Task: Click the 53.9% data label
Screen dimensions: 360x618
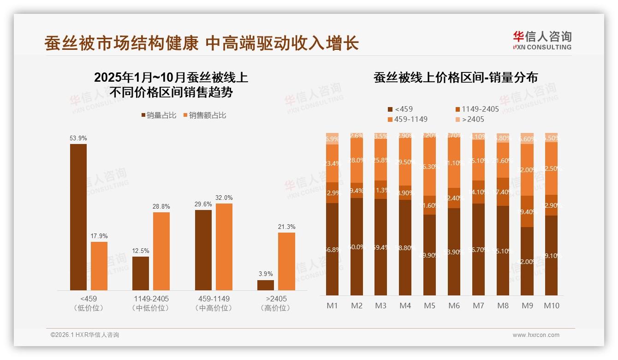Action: coord(78,138)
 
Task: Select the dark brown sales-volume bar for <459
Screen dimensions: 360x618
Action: coord(78,217)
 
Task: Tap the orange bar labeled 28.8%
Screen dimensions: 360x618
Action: coord(161,251)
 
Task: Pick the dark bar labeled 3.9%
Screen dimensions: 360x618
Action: coord(266,285)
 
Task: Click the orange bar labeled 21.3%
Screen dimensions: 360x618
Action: coord(286,261)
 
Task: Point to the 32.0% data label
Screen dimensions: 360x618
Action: coord(224,198)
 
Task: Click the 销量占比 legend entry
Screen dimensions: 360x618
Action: coord(158,115)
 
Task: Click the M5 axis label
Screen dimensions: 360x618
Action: coord(429,306)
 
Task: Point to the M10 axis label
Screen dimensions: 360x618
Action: coord(551,306)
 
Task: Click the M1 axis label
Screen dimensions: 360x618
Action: coord(332,306)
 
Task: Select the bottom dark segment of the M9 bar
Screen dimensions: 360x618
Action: coord(527,261)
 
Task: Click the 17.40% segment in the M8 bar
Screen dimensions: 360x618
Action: coord(503,192)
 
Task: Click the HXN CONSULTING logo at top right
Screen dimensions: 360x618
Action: coord(542,41)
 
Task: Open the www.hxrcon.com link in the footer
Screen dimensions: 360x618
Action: coord(536,335)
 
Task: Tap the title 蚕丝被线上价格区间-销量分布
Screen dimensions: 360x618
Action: coord(456,78)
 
